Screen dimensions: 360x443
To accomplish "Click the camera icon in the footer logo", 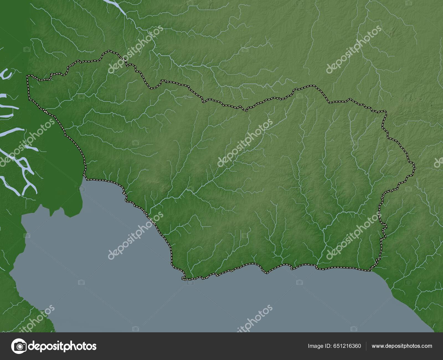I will (x=19, y=346).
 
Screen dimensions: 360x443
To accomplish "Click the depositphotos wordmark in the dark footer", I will (x=63, y=346).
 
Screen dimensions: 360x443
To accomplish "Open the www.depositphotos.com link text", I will (x=402, y=346).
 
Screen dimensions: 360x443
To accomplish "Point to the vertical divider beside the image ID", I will (x=366, y=346).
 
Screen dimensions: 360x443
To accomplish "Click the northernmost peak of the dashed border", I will (x=109, y=51).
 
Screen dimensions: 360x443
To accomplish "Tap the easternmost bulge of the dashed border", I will (x=414, y=167).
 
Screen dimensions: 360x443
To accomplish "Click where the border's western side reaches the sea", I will (x=85, y=177).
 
